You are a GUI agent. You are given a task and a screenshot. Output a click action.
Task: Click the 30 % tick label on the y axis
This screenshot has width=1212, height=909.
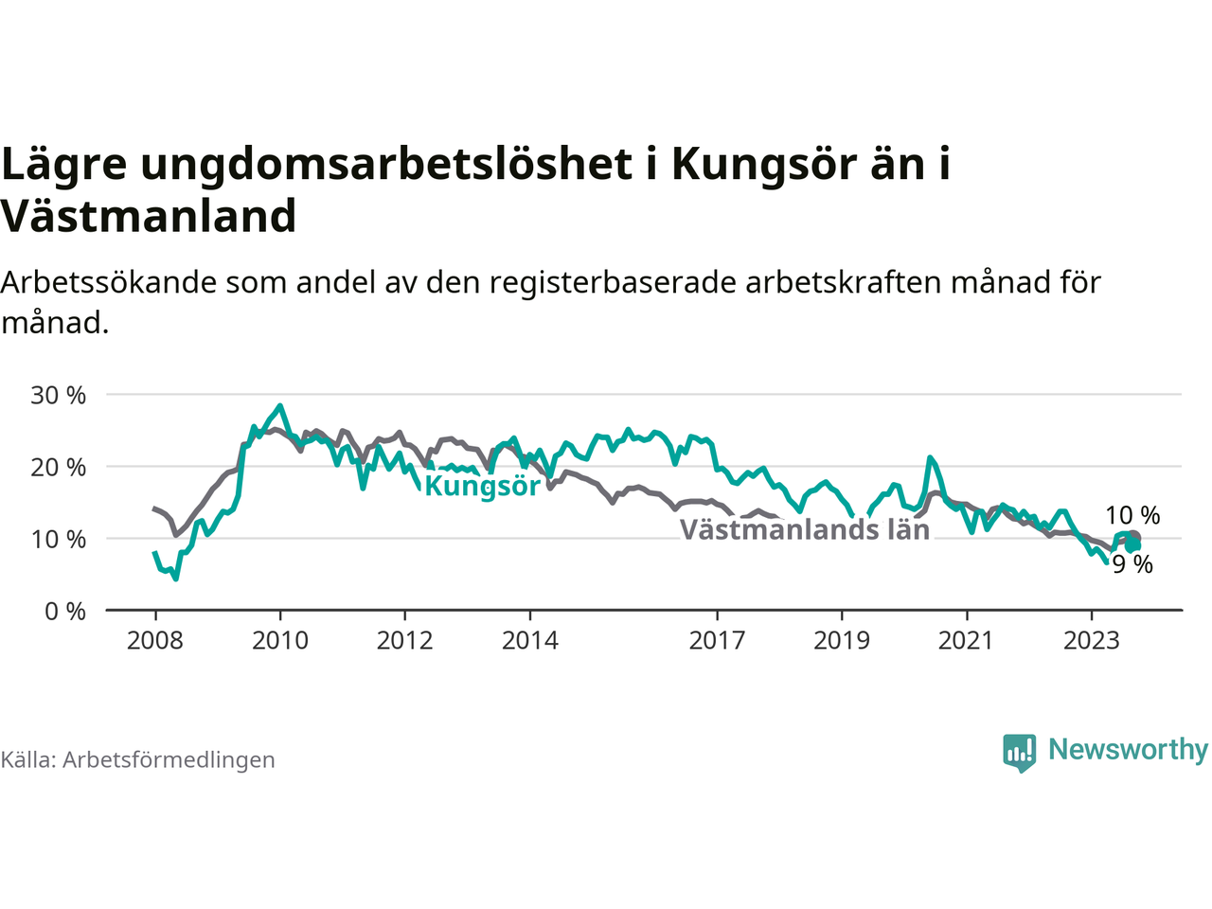point(58,396)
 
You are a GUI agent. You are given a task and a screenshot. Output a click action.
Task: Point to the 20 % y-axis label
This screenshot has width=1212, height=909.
point(58,468)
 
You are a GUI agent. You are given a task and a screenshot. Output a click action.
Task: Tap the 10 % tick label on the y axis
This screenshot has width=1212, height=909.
point(58,539)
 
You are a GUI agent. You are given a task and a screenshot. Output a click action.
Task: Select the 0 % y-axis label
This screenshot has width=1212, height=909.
point(65,612)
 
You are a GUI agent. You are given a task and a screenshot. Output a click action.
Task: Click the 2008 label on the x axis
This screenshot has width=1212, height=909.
point(154,641)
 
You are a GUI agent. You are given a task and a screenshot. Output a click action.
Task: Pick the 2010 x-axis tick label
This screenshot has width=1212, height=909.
point(280,641)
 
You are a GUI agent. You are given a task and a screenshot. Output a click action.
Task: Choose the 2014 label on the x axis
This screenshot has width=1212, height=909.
point(530,641)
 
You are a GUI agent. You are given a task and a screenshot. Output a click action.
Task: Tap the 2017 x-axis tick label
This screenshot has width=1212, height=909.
point(717,641)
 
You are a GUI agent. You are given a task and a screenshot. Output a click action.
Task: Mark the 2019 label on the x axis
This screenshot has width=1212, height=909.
point(842,641)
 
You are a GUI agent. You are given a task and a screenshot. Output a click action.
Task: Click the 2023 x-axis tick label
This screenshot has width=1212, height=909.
point(1092,641)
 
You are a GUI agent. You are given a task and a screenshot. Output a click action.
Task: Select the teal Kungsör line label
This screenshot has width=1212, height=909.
point(482,487)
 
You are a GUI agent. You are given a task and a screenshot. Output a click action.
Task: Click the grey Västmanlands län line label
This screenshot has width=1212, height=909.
point(805,529)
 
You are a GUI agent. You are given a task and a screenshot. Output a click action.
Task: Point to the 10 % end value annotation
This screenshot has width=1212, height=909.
point(1132,515)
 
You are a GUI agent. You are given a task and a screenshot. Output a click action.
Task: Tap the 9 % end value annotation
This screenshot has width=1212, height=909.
point(1132,564)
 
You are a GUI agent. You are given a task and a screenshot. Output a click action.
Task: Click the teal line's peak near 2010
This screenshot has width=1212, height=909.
point(280,405)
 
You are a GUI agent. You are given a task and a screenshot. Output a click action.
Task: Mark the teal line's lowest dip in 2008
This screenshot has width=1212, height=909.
point(175,579)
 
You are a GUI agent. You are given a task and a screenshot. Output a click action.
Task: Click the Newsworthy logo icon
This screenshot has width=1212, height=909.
point(1019,753)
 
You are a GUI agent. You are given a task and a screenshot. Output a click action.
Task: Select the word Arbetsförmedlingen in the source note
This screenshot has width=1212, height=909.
point(169,760)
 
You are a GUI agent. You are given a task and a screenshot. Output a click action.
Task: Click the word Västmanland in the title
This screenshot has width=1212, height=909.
point(149,216)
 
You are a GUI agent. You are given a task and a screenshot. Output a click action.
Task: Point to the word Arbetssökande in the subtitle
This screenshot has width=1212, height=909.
point(109,282)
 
